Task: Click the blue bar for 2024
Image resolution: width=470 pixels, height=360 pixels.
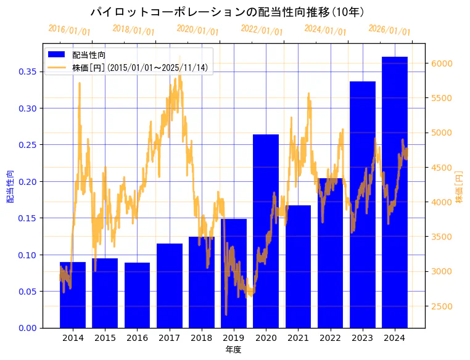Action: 394,192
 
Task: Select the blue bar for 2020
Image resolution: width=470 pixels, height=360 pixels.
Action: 266,231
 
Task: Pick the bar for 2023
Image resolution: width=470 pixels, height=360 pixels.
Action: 362,204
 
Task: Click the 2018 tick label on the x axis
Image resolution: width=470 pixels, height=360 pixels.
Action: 201,338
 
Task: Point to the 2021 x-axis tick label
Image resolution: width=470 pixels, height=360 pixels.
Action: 298,338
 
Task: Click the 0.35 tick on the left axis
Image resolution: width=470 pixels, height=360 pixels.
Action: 27,72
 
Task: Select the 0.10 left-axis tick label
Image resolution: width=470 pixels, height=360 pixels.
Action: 27,255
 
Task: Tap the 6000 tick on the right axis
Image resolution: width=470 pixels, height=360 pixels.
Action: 442,63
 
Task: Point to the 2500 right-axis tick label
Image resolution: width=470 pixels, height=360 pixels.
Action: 442,306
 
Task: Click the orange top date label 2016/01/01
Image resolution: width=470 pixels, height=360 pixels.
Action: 69,30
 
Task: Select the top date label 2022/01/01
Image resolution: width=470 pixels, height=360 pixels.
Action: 262,30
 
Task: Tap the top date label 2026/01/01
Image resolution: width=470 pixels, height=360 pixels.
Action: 389,30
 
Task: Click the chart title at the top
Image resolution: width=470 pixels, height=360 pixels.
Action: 227,12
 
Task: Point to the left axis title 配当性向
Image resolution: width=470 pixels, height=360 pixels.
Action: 10,187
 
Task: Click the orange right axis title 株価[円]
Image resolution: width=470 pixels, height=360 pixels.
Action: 458,187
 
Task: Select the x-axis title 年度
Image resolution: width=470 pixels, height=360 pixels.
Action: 233,350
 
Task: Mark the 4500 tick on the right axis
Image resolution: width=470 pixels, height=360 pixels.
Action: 442,168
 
